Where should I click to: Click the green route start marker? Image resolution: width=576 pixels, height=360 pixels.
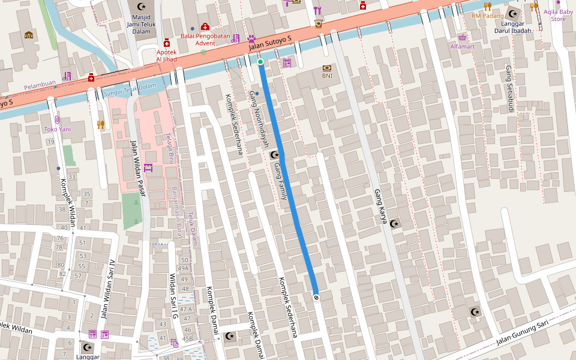click(260, 62)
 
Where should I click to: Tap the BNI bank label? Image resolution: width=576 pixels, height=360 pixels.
click(327, 76)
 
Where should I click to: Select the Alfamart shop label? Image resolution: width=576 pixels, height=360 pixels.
click(462, 46)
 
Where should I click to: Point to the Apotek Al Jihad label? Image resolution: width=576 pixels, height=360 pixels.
click(167, 56)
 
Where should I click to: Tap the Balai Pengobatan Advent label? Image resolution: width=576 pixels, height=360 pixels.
click(205, 39)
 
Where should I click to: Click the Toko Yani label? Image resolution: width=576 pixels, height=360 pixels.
click(57, 129)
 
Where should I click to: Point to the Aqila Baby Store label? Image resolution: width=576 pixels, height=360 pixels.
click(557, 15)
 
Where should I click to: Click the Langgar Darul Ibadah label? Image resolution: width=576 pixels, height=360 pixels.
click(512, 27)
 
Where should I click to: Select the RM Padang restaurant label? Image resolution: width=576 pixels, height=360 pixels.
click(487, 16)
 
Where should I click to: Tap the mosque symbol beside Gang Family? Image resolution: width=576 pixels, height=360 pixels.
click(275, 155)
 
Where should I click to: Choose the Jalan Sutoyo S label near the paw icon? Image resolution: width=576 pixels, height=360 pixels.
click(270, 43)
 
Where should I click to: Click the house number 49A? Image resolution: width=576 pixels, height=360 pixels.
click(183, 268)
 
